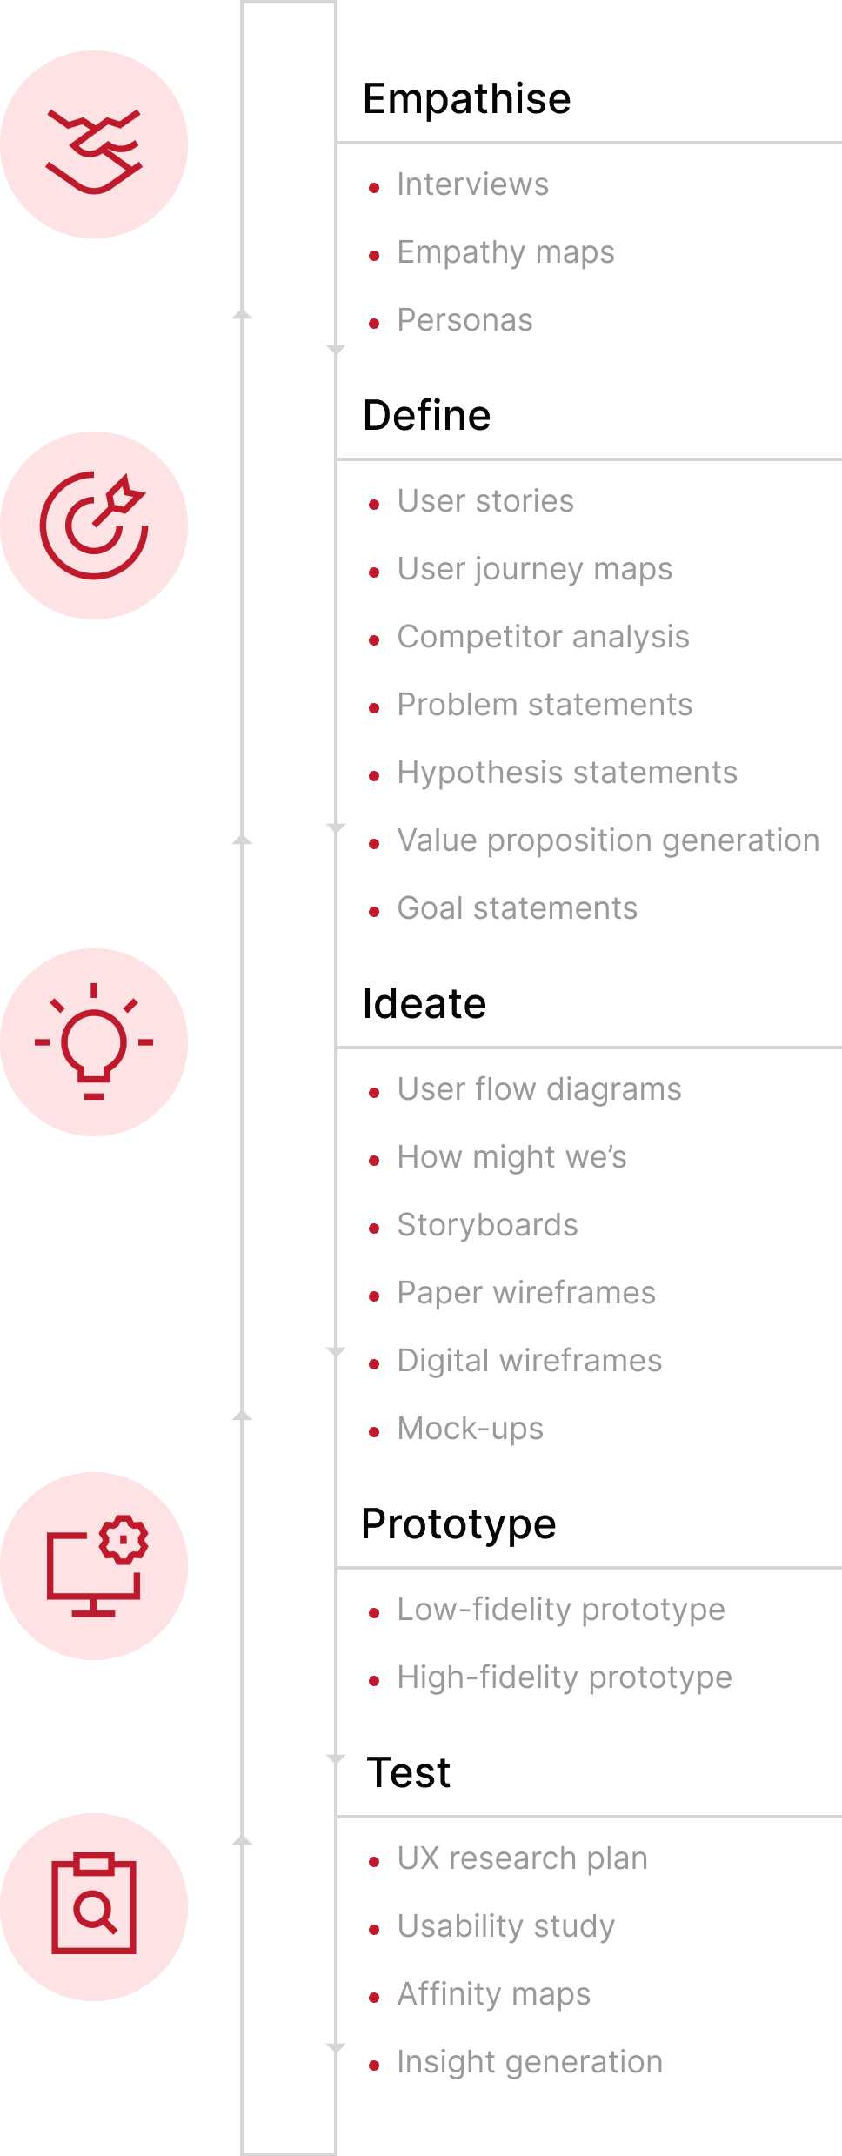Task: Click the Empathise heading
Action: [466, 99]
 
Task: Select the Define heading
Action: [426, 416]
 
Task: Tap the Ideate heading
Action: [424, 1004]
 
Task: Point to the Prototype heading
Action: [458, 1524]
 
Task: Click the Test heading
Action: [409, 1773]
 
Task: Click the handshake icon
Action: [94, 145]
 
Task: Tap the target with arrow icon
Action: [94, 526]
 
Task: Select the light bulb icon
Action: [94, 1042]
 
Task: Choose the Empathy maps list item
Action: [505, 252]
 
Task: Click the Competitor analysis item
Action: [543, 637]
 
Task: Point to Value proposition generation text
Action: [608, 840]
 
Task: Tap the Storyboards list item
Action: [487, 1225]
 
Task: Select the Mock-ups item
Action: [470, 1429]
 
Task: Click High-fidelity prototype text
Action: [565, 1677]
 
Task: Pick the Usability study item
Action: [505, 1926]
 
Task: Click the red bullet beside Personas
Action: [374, 324]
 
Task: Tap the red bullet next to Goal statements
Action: [374, 912]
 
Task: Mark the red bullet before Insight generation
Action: [374, 2066]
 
